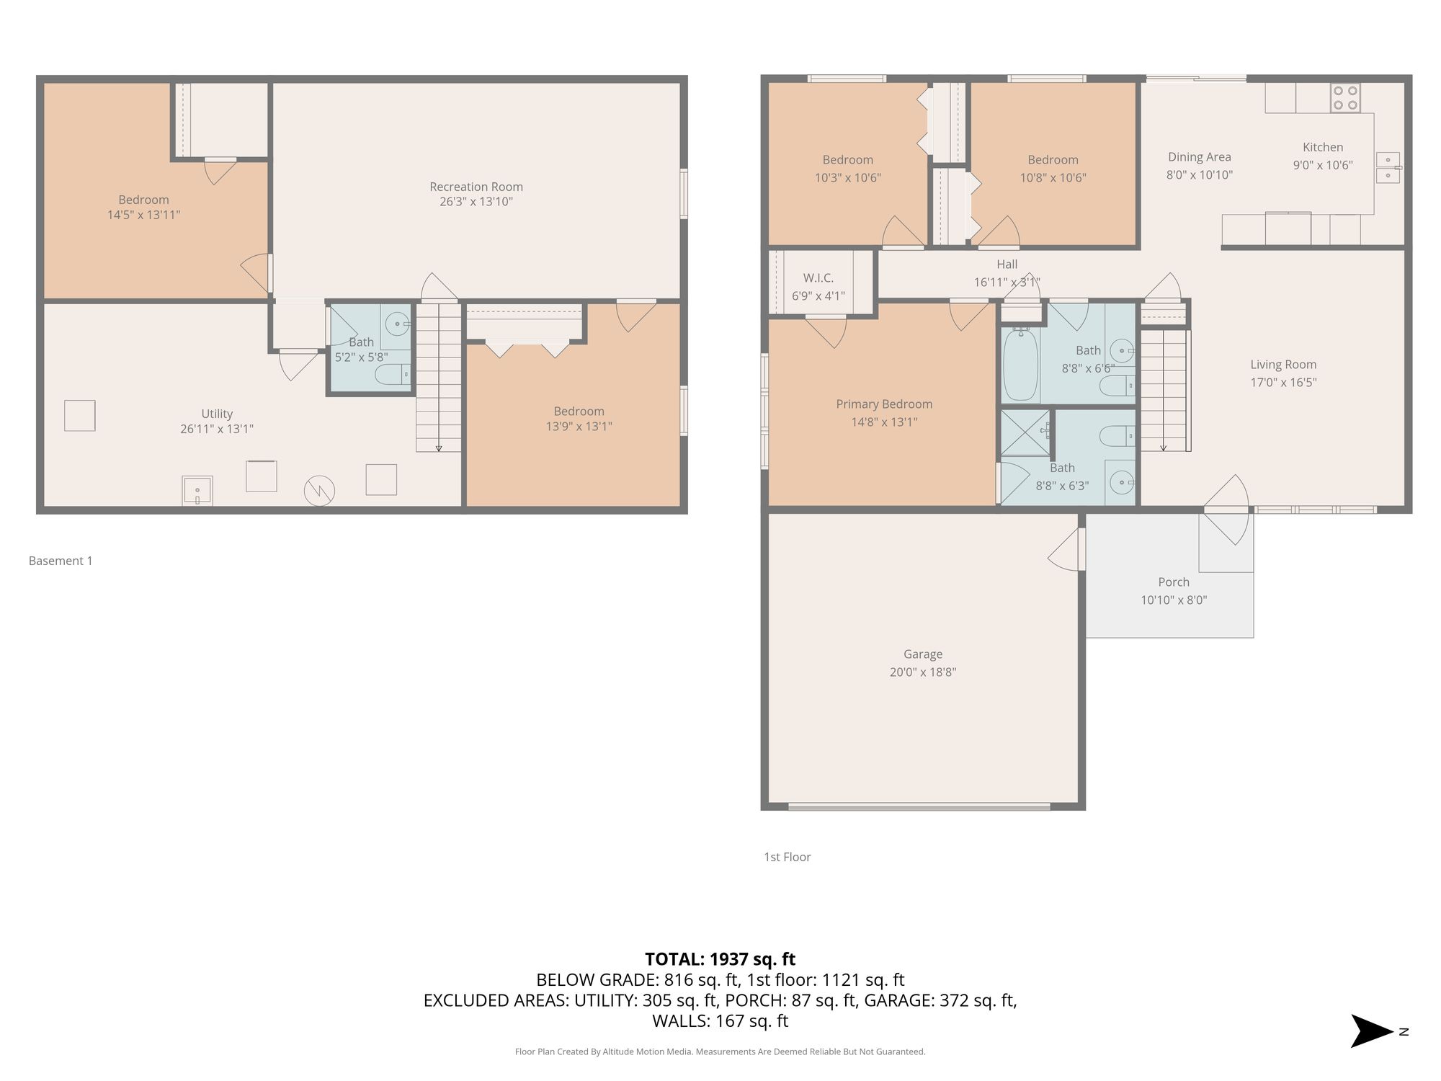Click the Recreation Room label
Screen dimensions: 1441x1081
tap(476, 187)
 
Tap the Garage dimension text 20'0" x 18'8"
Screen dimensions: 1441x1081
tap(923, 672)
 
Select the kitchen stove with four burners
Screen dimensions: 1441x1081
tap(1345, 98)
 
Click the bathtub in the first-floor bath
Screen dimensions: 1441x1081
tap(1021, 365)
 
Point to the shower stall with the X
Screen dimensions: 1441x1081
tap(1025, 432)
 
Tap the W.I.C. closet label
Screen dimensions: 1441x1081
tap(818, 278)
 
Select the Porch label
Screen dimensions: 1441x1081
tap(1174, 582)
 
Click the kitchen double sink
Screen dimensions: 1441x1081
tap(1388, 168)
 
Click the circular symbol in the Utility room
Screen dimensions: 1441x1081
tap(319, 491)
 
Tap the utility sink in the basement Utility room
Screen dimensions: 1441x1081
tap(197, 491)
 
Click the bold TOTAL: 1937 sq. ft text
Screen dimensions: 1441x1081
tap(720, 959)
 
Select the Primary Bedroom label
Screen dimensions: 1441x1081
tap(884, 404)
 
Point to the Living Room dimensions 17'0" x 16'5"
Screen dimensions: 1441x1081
tap(1283, 383)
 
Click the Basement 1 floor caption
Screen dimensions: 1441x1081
tap(61, 561)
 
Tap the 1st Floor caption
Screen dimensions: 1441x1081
tap(788, 857)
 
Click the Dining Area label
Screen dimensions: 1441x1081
tap(1200, 157)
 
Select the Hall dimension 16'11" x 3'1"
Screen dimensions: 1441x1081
tap(1007, 283)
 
